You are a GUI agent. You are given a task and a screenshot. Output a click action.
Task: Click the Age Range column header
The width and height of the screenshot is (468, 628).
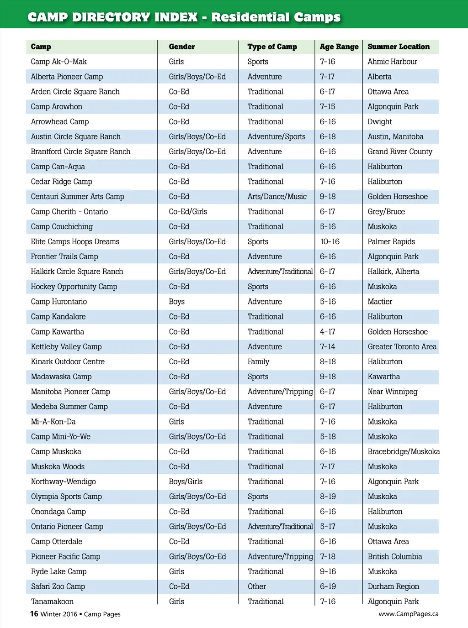(x=339, y=47)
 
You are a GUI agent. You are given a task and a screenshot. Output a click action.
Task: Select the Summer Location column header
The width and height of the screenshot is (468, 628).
(x=399, y=47)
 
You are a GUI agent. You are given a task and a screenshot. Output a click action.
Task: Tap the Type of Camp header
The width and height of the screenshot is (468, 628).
(x=272, y=47)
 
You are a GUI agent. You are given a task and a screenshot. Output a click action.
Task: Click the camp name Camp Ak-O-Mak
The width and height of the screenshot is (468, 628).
(x=58, y=62)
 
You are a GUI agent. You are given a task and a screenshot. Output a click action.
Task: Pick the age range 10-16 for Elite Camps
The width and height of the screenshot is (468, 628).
(x=330, y=241)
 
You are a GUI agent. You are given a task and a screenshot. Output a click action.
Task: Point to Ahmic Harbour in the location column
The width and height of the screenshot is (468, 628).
(x=392, y=62)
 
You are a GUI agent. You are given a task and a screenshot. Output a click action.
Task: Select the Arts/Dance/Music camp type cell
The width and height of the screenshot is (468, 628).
(x=277, y=197)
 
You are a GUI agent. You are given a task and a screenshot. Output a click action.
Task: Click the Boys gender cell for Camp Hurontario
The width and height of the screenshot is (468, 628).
(x=176, y=302)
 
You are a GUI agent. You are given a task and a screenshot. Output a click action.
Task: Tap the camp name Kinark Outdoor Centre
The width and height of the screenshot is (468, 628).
(x=68, y=361)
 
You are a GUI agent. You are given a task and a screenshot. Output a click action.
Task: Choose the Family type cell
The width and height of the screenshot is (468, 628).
(x=258, y=361)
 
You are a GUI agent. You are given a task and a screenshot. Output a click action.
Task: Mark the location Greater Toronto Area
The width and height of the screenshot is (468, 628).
(x=402, y=347)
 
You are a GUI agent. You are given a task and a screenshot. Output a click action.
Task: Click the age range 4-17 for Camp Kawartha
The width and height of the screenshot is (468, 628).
(x=327, y=332)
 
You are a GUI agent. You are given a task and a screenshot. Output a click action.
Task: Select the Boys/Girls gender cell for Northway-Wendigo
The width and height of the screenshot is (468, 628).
(x=186, y=481)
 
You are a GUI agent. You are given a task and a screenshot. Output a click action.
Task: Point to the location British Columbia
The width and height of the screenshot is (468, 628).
(x=394, y=557)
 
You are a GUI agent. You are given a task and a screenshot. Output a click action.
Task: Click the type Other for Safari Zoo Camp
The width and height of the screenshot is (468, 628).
(x=256, y=586)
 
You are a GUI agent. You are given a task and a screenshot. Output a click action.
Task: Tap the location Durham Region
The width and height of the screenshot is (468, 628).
(x=393, y=586)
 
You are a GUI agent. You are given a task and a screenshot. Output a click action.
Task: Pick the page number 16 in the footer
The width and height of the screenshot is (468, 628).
(x=34, y=614)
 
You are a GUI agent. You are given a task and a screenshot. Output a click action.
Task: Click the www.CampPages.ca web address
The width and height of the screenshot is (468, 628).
(x=408, y=614)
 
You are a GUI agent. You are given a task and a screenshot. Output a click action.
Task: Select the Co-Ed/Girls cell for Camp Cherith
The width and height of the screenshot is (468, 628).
(x=188, y=212)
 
